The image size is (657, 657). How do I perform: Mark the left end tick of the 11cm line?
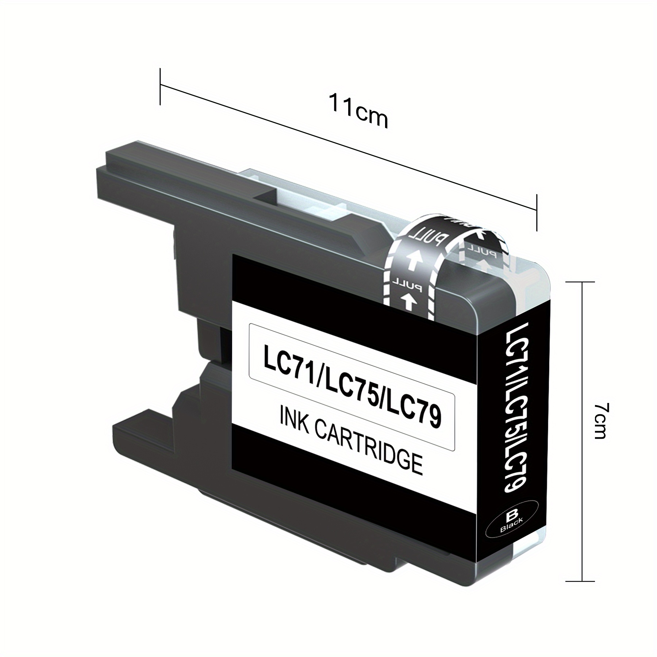click(x=160, y=86)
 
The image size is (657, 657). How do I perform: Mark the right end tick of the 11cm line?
click(x=537, y=212)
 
